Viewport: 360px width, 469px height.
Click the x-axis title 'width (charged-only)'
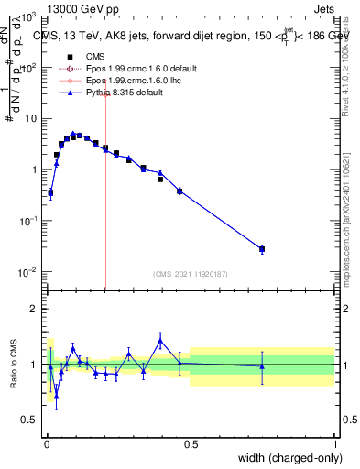tap(290, 457)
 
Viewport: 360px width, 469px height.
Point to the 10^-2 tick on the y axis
tap(30, 272)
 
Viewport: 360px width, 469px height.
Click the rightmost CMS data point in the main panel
tap(262, 249)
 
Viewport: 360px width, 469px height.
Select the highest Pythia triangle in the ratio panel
tap(160, 340)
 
